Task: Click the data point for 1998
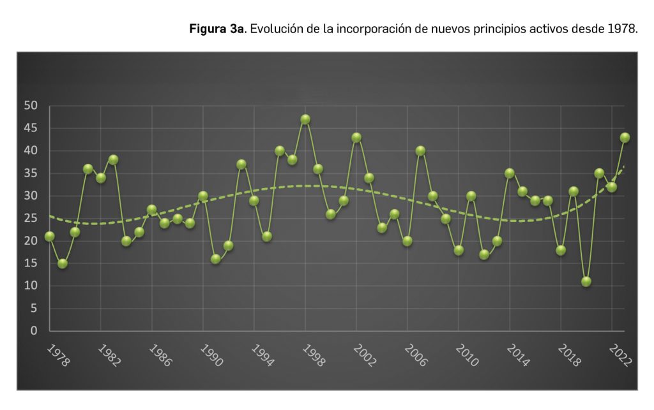coord(305,119)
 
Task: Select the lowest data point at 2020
coord(586,281)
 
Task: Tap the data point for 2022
coord(612,187)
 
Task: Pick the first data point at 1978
coord(50,237)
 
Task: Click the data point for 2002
coord(356,137)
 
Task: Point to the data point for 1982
coord(101,178)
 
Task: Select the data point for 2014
coord(510,173)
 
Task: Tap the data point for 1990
coord(203,196)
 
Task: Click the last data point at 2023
coord(625,137)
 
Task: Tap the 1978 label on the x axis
coord(59,356)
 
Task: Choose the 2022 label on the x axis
coord(621,356)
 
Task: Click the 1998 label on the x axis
coord(314,356)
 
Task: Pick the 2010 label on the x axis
coord(468,356)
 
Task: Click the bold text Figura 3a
coord(217,30)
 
